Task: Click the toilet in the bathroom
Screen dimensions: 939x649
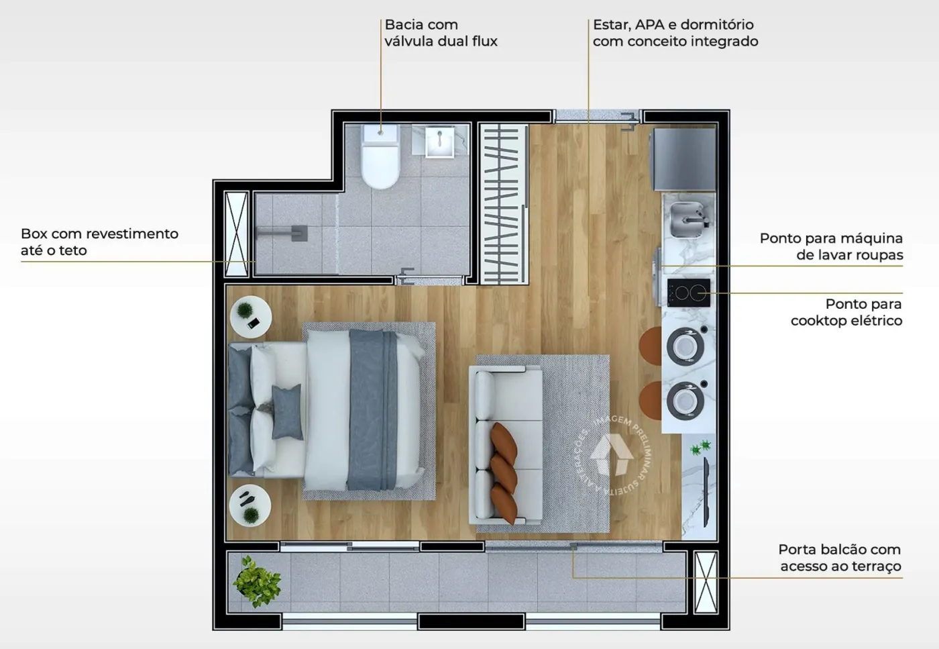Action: pyautogui.click(x=380, y=156)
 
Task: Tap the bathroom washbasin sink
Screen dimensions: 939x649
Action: pyautogui.click(x=439, y=142)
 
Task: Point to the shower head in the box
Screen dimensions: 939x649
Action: pyautogui.click(x=299, y=233)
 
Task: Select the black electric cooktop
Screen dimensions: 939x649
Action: pyautogui.click(x=689, y=293)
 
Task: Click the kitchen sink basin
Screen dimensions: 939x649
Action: pyautogui.click(x=687, y=220)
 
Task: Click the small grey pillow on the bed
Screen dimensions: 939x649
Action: pyautogui.click(x=287, y=412)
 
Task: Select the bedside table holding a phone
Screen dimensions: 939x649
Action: pyautogui.click(x=251, y=317)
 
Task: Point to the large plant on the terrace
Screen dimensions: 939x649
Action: pyautogui.click(x=257, y=582)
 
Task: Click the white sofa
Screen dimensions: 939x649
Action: pyautogui.click(x=506, y=445)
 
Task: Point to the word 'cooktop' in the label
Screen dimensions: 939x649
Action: pyautogui.click(x=814, y=321)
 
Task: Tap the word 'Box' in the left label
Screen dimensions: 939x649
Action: pyautogui.click(x=34, y=234)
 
